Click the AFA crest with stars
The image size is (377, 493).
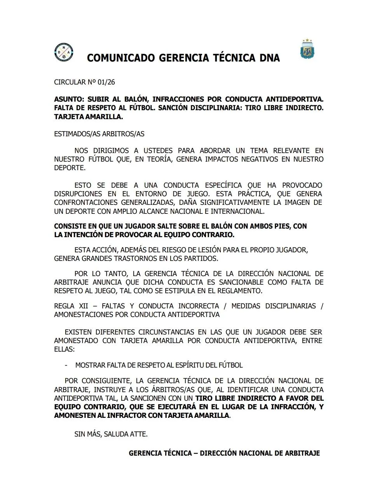pyautogui.click(x=307, y=50)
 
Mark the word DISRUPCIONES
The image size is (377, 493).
pyautogui.click(x=78, y=194)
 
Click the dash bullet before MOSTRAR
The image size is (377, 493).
pyautogui.click(x=66, y=365)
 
